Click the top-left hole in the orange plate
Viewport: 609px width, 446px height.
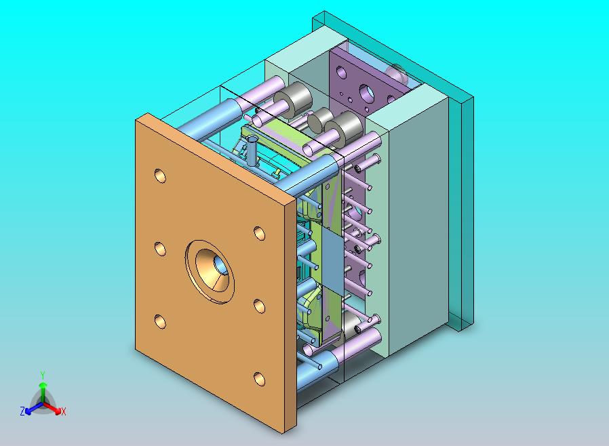click(160, 176)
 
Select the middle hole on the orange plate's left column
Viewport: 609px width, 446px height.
click(160, 249)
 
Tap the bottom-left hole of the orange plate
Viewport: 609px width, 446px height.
click(160, 321)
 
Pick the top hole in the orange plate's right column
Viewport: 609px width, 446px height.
click(259, 232)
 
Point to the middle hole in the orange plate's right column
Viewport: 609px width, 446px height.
click(259, 306)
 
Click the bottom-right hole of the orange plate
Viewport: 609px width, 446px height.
click(259, 378)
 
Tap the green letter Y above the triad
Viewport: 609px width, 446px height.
click(42, 375)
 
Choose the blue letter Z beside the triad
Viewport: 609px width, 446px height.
click(22, 411)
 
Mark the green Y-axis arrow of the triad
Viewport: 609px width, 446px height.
click(42, 390)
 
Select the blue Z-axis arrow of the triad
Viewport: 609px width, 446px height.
click(31, 408)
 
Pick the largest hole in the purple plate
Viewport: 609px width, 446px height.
click(367, 90)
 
